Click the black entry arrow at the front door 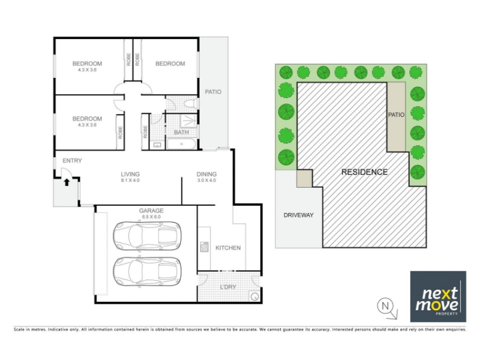point(67,182)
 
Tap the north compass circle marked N point(385,305)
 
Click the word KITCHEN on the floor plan point(228,248)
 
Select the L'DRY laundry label point(228,287)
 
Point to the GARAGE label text point(151,211)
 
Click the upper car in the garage point(147,236)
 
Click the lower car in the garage point(147,272)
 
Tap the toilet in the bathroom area point(191,103)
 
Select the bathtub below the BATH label point(182,144)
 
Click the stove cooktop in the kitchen point(204,247)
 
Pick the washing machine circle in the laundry point(254,296)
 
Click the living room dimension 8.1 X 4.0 point(130,181)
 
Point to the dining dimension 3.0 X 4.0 point(206,181)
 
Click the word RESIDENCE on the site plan point(364,172)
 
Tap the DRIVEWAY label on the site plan point(298,215)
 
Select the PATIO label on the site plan point(396,115)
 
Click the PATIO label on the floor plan point(213,92)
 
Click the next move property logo point(438,296)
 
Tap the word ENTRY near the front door point(72,161)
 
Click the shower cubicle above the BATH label point(188,121)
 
